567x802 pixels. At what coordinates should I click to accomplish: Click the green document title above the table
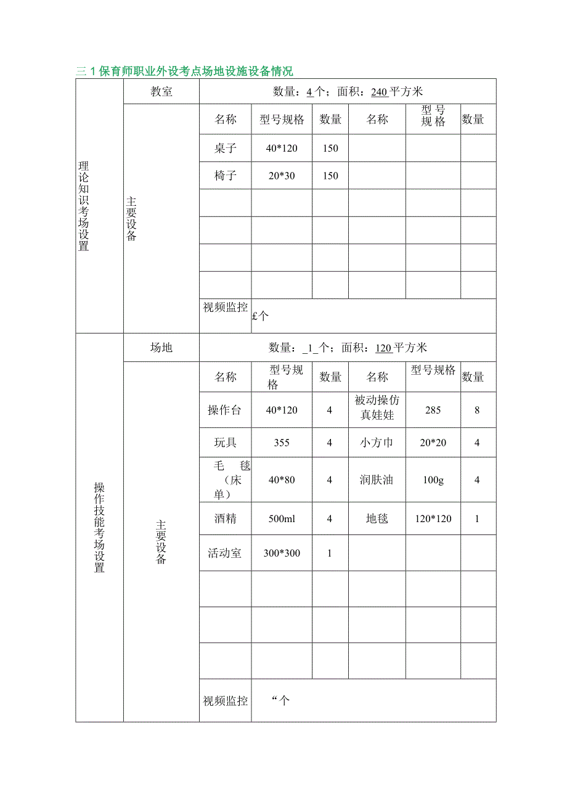pos(184,71)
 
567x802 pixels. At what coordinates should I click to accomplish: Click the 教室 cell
pos(161,92)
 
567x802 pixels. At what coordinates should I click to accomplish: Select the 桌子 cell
pos(225,148)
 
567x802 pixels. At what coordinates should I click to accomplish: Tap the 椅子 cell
pos(225,176)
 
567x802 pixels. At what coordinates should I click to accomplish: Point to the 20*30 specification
pos(282,176)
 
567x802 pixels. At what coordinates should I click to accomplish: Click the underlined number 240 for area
pos(380,92)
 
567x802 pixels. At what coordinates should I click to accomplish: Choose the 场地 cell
pos(161,348)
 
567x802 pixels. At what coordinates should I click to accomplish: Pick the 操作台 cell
pos(225,410)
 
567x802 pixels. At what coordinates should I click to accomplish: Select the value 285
pos(433,410)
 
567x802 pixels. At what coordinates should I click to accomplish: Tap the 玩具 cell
pos(225,443)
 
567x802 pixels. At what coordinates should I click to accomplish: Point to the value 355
pos(282,443)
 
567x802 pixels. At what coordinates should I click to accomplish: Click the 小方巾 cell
pos(377,443)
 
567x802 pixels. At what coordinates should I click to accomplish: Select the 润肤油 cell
pos(377,480)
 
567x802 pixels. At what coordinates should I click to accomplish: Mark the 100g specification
pos(433,480)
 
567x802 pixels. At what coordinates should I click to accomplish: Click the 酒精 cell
pos(225,518)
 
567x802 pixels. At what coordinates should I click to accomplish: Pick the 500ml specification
pos(282,518)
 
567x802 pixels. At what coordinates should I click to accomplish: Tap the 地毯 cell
pos(377,518)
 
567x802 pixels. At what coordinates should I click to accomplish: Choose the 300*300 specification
pos(282,553)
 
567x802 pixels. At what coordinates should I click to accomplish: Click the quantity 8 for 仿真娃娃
pos(477,410)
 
